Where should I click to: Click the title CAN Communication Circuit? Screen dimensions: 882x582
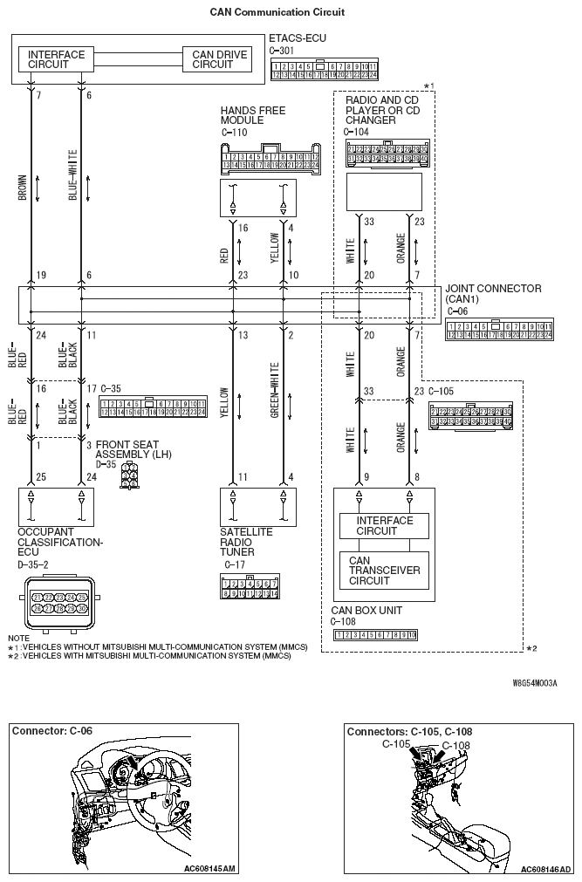point(277,12)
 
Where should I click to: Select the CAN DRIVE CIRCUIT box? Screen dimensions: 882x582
point(219,59)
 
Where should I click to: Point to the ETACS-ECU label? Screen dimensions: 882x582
point(295,39)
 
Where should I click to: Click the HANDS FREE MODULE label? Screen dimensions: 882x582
point(252,115)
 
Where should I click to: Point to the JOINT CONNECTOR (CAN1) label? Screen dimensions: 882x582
point(492,293)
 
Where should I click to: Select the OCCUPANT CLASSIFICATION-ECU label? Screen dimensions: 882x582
point(59,542)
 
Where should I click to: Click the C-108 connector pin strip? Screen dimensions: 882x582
point(376,633)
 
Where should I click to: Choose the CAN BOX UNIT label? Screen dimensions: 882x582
point(366,611)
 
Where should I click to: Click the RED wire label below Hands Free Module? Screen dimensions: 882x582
point(224,254)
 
